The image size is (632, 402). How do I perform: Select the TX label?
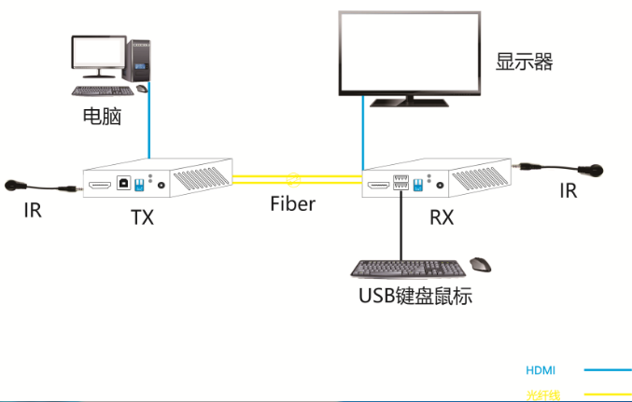[142, 218]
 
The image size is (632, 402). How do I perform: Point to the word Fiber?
[293, 203]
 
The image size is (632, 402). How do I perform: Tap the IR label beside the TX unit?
[33, 211]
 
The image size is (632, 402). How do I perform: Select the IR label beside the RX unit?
[568, 191]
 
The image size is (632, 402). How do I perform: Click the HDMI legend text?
[540, 370]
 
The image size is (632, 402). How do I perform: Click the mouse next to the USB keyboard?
[481, 265]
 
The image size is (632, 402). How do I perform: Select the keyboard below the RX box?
[408, 268]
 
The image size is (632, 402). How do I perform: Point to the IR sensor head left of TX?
[16, 186]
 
